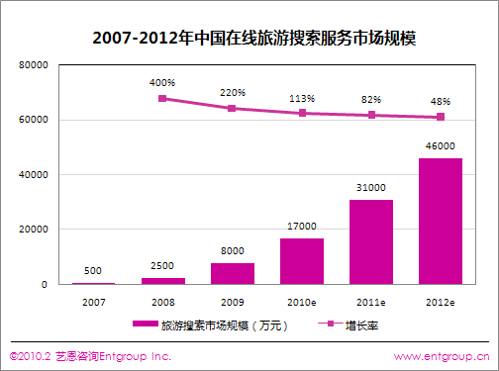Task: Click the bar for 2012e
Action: click(441, 221)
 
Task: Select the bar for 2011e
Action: click(371, 241)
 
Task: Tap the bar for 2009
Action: click(233, 273)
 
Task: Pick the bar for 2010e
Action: click(302, 261)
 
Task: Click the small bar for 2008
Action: click(163, 281)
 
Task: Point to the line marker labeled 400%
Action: click(162, 98)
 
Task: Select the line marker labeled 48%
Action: click(441, 117)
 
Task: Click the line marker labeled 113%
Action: click(302, 113)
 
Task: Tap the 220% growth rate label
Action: click(233, 93)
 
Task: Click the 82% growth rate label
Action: click(371, 99)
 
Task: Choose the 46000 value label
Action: click(441, 145)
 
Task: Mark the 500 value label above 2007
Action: click(93, 271)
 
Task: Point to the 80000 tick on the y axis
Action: click(34, 65)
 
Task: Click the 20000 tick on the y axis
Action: click(34, 230)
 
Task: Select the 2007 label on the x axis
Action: click(94, 302)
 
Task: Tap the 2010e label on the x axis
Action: click(302, 302)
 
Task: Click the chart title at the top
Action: click(253, 38)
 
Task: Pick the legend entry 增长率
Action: click(349, 325)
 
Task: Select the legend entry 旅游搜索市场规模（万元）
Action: click(210, 325)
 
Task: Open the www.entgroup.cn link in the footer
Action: click(442, 356)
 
